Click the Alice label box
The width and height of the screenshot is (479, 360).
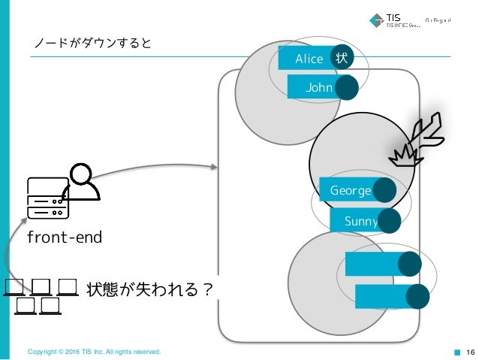pyautogui.click(x=306, y=59)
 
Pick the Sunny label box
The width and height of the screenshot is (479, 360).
pyautogui.click(x=356, y=221)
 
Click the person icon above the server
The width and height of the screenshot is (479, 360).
pyautogui.click(x=83, y=181)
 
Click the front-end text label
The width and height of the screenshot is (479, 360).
pyautogui.click(x=64, y=237)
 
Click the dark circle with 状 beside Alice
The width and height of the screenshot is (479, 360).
pyautogui.click(x=342, y=58)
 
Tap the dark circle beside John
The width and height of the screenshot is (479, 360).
pyautogui.click(x=346, y=89)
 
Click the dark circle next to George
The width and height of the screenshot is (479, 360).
pyautogui.click(x=384, y=190)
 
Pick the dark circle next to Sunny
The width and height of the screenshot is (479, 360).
pyautogui.click(x=389, y=221)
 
